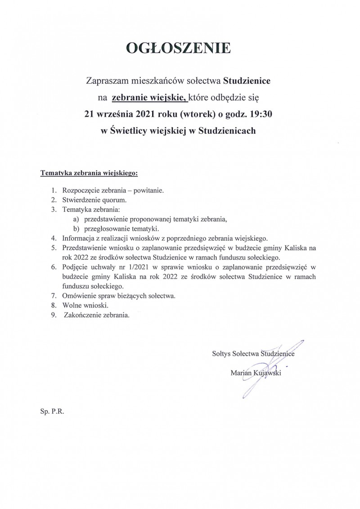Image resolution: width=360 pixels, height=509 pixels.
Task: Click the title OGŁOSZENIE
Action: pyautogui.click(x=180, y=48)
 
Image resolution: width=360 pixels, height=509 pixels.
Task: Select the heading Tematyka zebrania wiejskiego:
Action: pyautogui.click(x=89, y=172)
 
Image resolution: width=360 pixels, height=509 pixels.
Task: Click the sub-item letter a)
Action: pyautogui.click(x=76, y=219)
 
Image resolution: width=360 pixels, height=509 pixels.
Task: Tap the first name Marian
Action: pyautogui.click(x=240, y=372)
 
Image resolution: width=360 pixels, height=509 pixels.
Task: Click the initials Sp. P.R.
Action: pyautogui.click(x=52, y=411)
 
